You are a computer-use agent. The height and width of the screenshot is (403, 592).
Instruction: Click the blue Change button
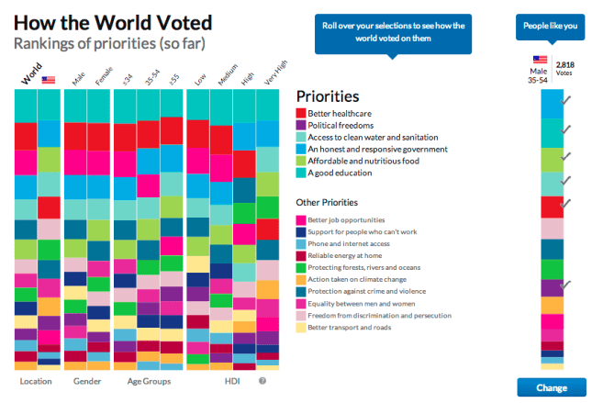tap(552, 387)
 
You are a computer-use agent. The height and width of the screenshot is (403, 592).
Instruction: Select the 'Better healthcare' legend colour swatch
tap(300, 113)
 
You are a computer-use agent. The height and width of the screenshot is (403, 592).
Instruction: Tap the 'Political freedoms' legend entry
tap(341, 125)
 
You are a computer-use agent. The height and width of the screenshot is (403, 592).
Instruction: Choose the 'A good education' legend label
tap(341, 173)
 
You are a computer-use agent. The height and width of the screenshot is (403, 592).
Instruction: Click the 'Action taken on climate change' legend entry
tap(355, 279)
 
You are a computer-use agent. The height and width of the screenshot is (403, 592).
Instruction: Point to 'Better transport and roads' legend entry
tap(350, 327)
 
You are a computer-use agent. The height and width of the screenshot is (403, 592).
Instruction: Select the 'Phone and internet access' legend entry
tap(348, 243)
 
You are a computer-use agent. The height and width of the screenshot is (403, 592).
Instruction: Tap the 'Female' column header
tap(98, 80)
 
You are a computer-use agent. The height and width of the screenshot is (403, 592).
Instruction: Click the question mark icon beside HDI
tap(262, 380)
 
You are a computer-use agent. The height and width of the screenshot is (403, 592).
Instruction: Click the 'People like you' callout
tap(551, 26)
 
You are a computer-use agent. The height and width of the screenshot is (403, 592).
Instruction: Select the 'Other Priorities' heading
tap(326, 202)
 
